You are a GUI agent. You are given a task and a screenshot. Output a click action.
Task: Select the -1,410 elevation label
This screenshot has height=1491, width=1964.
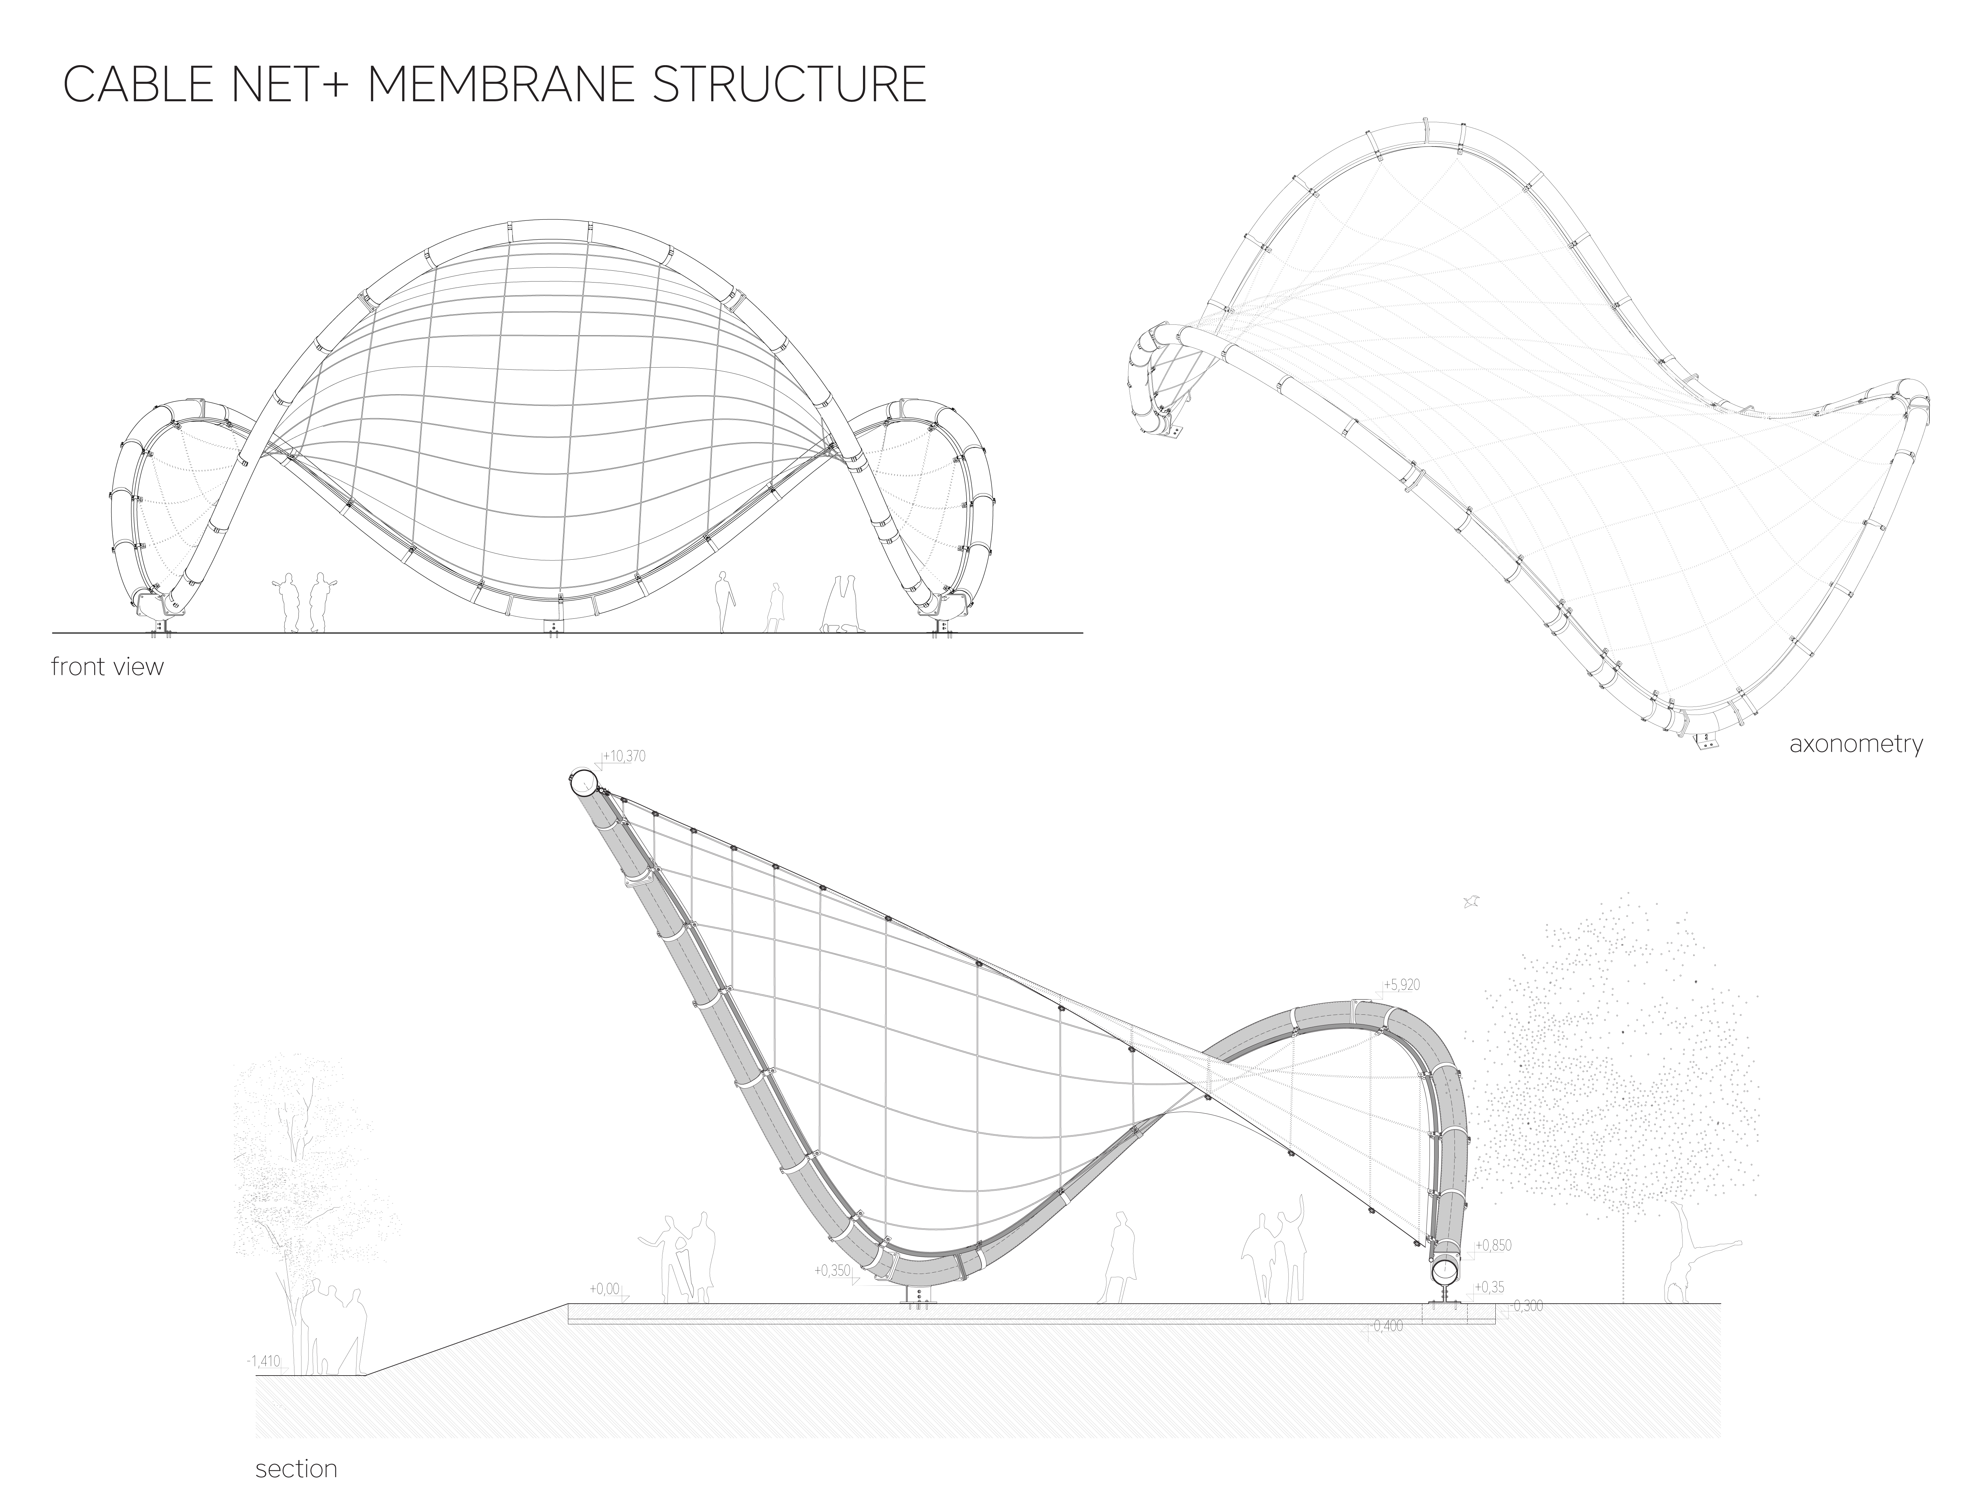pyautogui.click(x=264, y=1361)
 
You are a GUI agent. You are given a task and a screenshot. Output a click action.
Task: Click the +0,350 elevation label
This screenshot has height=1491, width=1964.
pyautogui.click(x=833, y=1270)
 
